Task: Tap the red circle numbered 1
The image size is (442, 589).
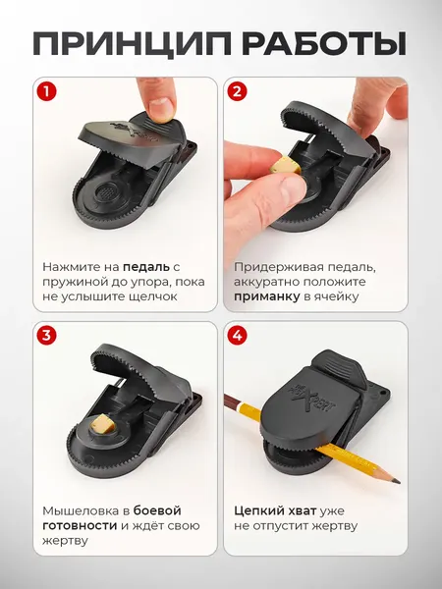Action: pyautogui.click(x=44, y=93)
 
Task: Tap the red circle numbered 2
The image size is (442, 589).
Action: pyautogui.click(x=237, y=93)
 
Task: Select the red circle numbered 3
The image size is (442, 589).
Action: pyautogui.click(x=44, y=336)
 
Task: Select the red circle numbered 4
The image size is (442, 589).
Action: pyautogui.click(x=237, y=336)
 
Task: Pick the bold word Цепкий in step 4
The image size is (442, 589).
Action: pyautogui.click(x=261, y=510)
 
